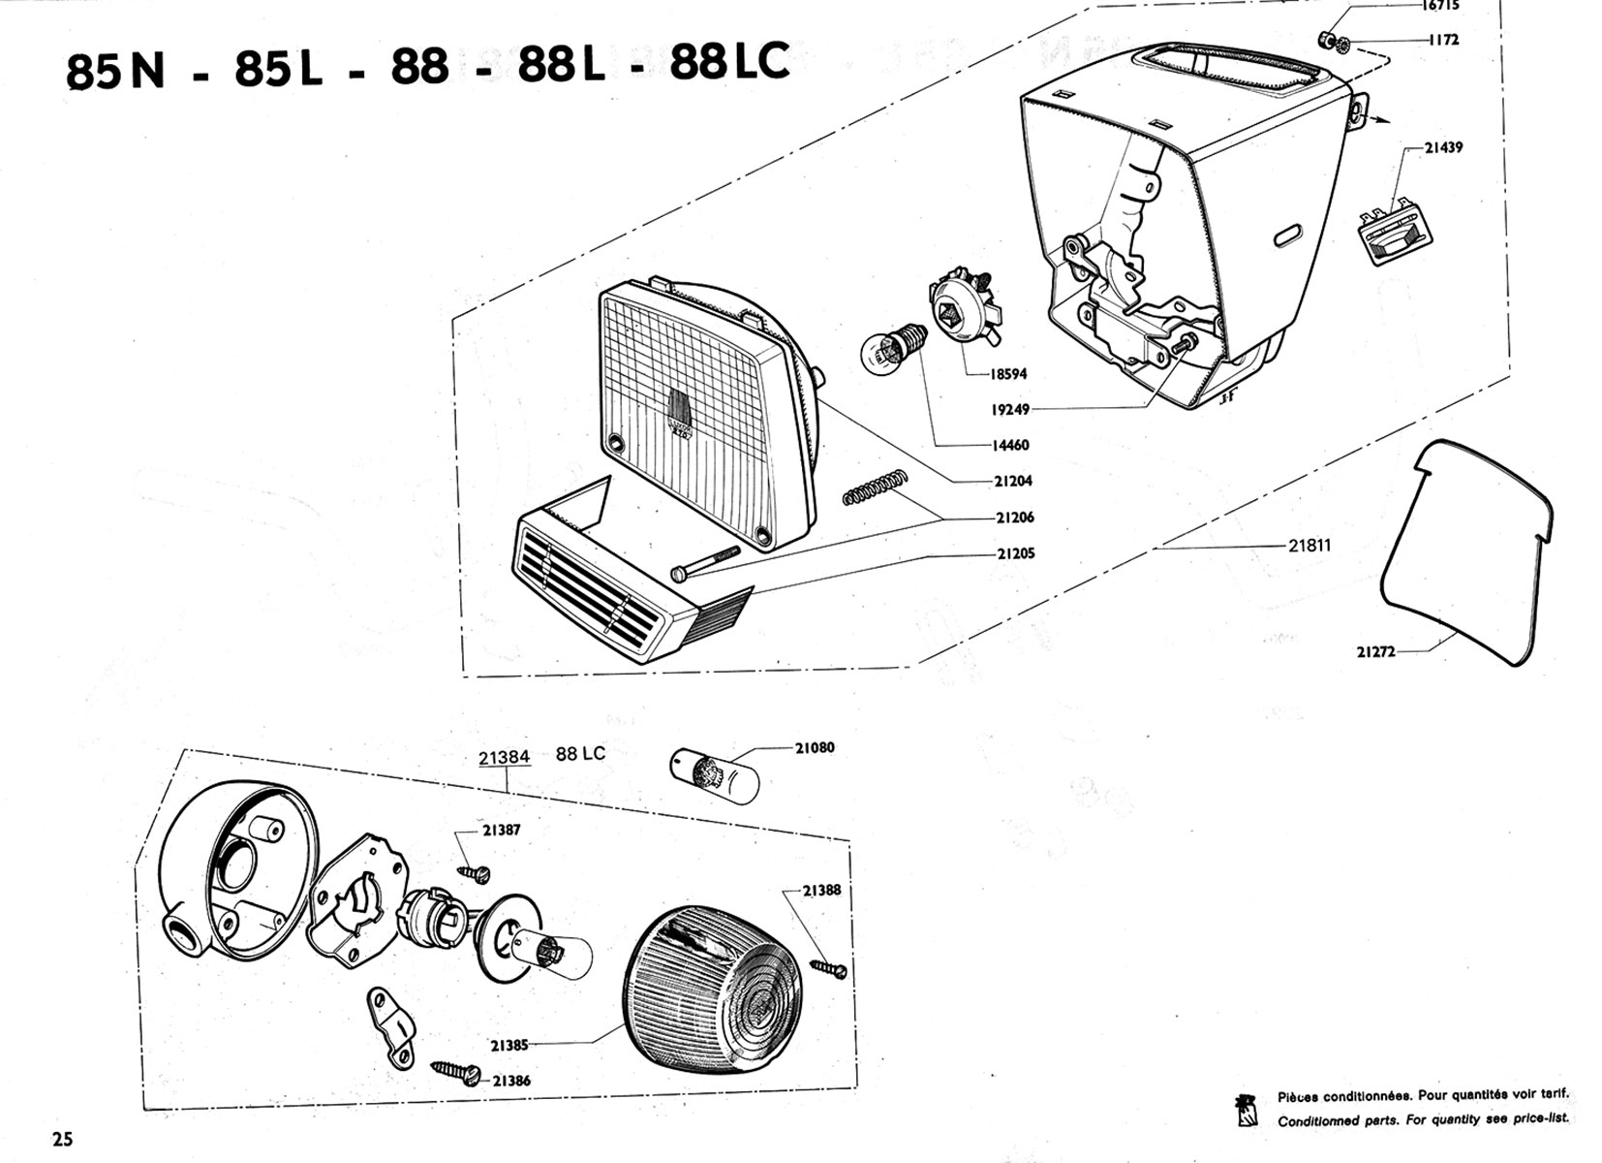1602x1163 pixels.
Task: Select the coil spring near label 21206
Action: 876,487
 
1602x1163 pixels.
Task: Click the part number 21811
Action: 1309,546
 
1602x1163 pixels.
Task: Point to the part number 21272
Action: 1375,652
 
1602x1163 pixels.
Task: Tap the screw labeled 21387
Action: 476,872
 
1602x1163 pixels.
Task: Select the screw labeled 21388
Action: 830,967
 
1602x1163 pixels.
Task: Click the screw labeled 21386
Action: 457,1071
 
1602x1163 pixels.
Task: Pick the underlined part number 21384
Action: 505,756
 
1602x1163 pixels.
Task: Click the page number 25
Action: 62,1138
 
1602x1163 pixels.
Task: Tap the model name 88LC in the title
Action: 728,64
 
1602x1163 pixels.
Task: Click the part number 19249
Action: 1009,410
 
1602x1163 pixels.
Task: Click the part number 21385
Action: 509,1046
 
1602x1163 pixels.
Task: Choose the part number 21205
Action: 1015,554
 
